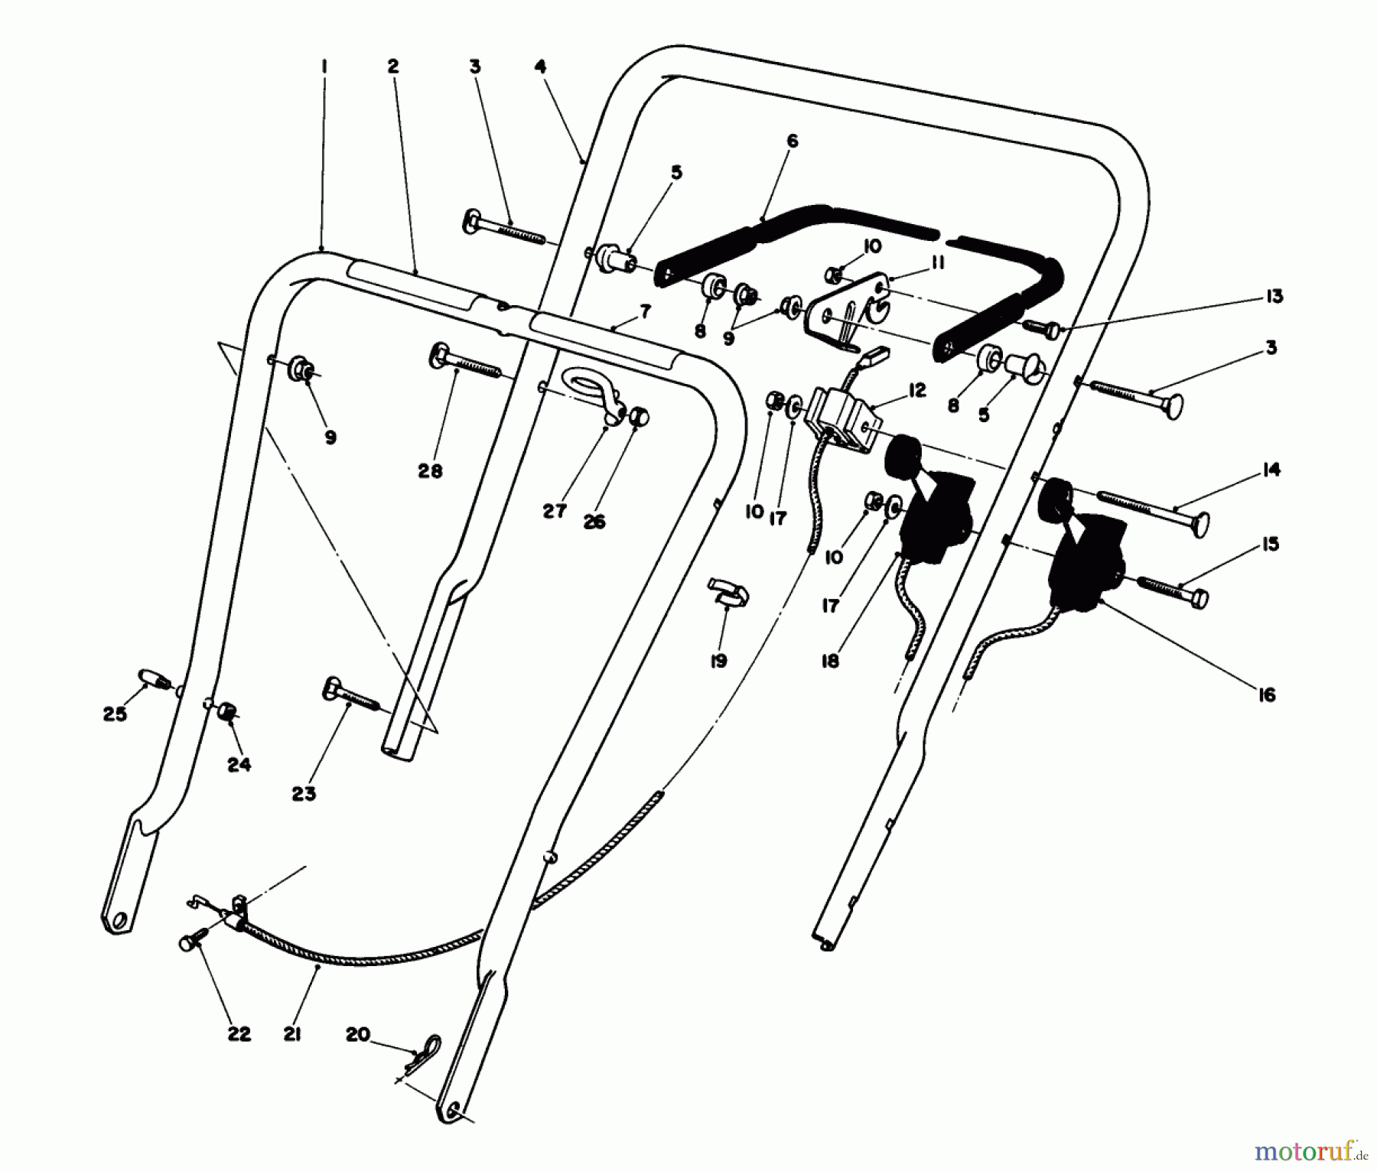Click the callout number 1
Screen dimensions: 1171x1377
coord(324,67)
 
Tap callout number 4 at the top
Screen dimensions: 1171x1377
coord(541,67)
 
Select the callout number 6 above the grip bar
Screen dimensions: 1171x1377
coord(792,141)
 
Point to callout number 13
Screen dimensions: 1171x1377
coord(1274,296)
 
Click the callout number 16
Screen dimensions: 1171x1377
coord(1268,694)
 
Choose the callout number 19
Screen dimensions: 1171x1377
coord(718,661)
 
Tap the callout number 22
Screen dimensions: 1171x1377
coord(239,1034)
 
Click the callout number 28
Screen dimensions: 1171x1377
coord(430,471)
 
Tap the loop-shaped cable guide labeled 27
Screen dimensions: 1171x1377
coord(592,389)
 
